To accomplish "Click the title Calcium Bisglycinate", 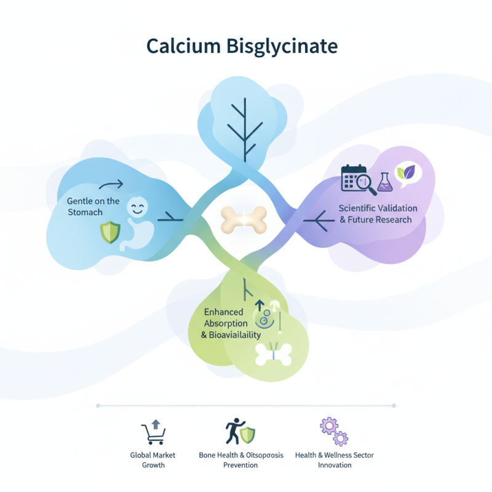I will [242, 47].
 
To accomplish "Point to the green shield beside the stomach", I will [109, 232].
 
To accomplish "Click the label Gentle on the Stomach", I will [93, 207].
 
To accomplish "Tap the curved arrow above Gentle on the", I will [110, 184].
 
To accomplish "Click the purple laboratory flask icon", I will [384, 181].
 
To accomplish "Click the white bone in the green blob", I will [272, 355].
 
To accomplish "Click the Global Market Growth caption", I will [153, 460].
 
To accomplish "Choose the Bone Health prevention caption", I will [240, 460].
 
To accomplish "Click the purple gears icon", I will [334, 431].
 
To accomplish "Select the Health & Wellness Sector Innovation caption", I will [334, 460].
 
